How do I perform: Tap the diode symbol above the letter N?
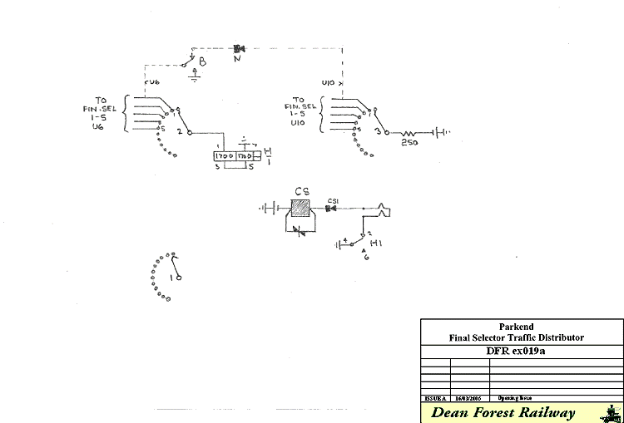240,48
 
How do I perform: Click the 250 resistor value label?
409,144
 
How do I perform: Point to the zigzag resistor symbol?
409,132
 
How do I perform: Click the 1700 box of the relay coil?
225,156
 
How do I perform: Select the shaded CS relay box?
302,208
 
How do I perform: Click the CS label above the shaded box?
302,190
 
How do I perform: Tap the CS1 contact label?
333,200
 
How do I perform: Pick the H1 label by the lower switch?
375,243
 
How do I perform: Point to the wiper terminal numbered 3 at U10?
379,131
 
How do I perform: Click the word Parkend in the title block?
516,327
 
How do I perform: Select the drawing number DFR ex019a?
516,350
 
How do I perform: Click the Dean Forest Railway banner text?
503,413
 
